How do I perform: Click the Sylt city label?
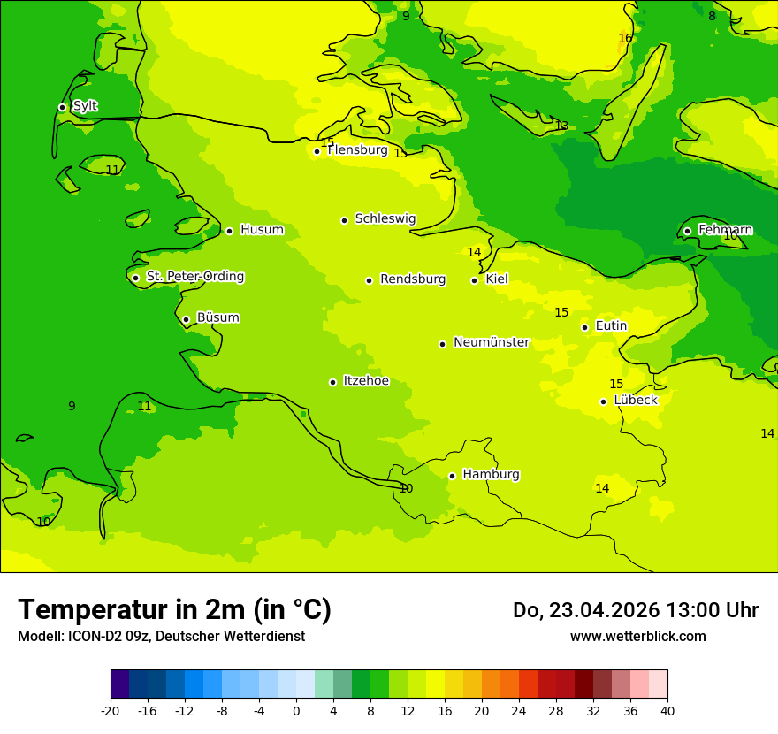click(x=85, y=106)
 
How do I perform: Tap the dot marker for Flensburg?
click(x=317, y=151)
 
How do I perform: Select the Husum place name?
click(x=262, y=230)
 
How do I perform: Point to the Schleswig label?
click(x=385, y=218)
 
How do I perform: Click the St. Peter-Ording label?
click(x=194, y=277)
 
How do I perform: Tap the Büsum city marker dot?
click(x=186, y=319)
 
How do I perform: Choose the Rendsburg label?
click(x=412, y=279)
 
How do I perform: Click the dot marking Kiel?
click(x=474, y=280)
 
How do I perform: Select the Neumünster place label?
click(x=491, y=342)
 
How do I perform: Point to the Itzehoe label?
click(x=365, y=381)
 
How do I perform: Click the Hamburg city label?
click(x=491, y=475)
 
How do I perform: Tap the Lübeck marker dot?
click(x=603, y=401)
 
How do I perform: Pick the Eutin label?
click(x=611, y=326)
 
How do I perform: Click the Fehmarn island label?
click(x=725, y=230)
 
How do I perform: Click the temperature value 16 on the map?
click(x=625, y=38)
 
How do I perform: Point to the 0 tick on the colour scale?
click(x=296, y=711)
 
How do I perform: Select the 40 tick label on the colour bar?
click(x=667, y=711)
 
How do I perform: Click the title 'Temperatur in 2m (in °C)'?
click(x=174, y=610)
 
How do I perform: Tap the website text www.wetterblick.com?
click(x=637, y=637)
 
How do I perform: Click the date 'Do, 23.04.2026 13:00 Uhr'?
click(x=635, y=610)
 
